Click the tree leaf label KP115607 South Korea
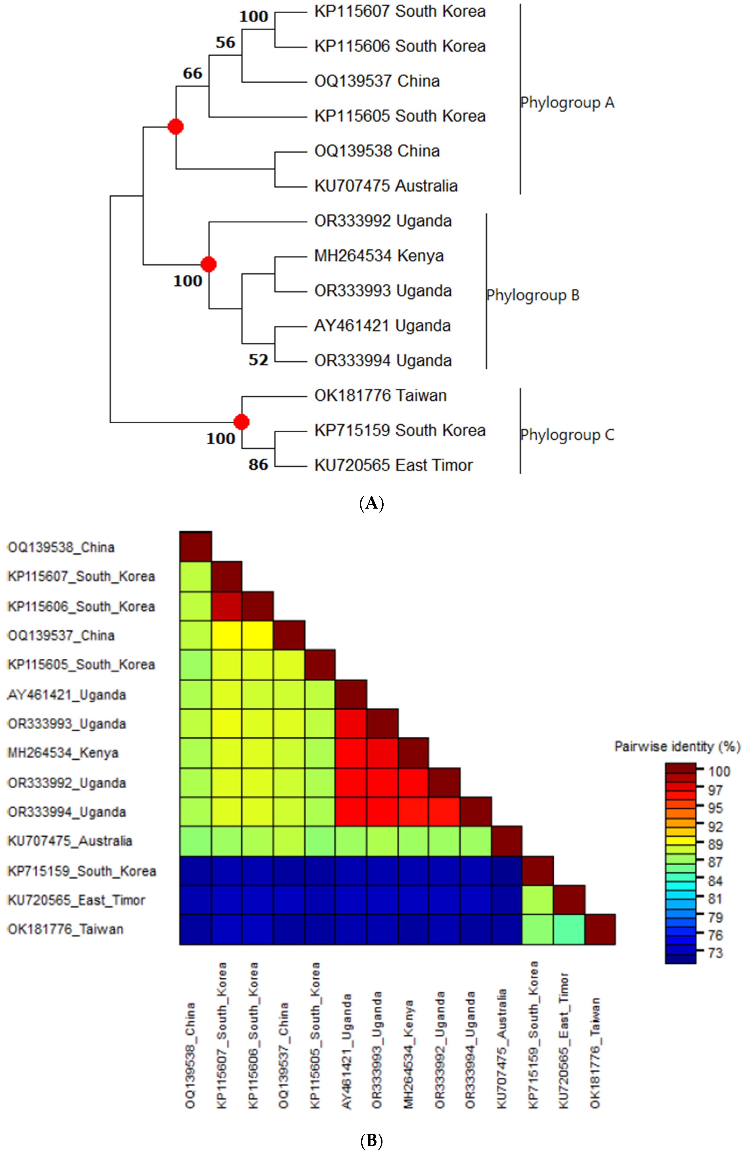point(400,12)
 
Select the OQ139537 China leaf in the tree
point(377,81)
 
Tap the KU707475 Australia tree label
point(385,186)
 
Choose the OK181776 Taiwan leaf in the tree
point(380,396)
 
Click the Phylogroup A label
point(567,103)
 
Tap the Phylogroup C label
point(567,435)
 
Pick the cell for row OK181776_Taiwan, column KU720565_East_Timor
point(569,930)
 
